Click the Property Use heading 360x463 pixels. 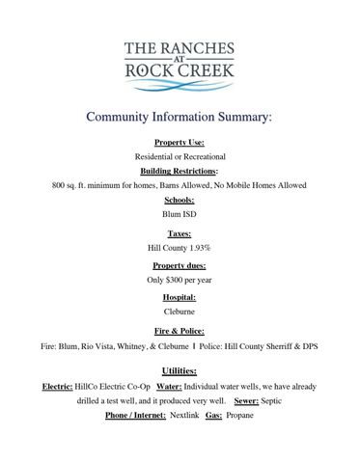pos(180,142)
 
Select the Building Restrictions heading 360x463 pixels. pos(179,170)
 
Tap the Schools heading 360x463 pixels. pos(180,200)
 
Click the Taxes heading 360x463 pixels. pos(180,233)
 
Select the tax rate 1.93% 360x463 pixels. pos(201,248)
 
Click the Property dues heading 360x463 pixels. pos(180,265)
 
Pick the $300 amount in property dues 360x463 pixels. pos(176,280)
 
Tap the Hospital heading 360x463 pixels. pos(180,297)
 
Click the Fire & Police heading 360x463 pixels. pos(180,329)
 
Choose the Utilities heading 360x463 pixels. pos(180,370)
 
